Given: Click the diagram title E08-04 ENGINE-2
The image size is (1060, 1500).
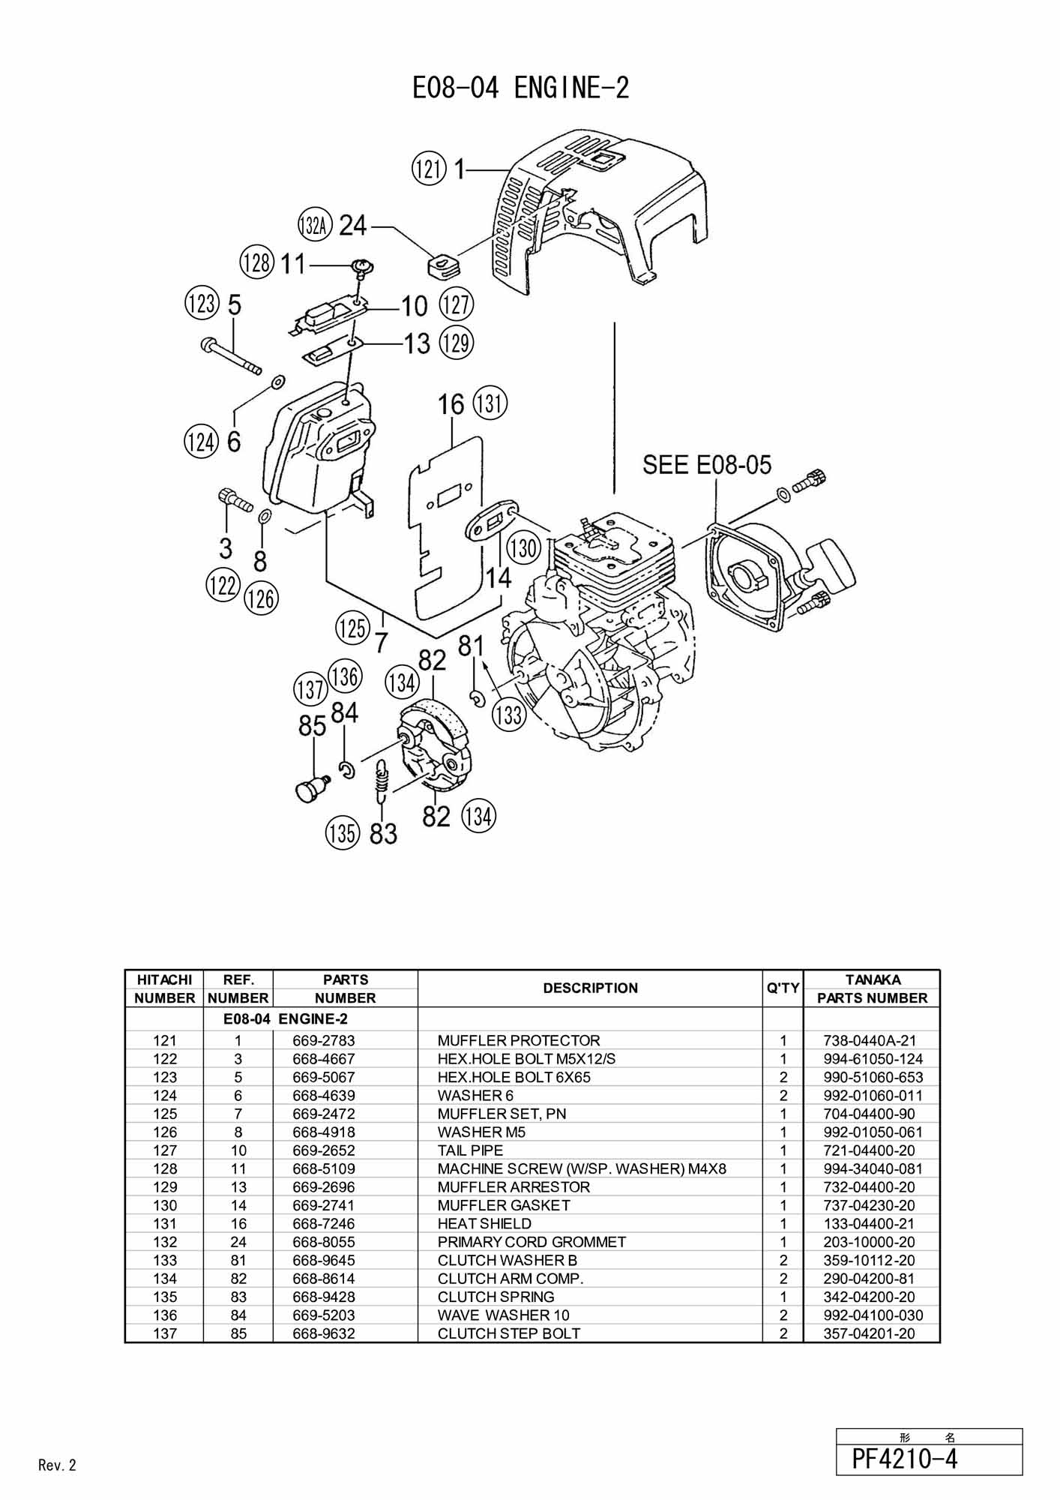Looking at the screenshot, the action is (x=520, y=88).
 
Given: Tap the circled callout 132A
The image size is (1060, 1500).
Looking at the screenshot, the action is (x=314, y=225).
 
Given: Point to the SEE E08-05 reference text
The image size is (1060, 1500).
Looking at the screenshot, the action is (x=707, y=465).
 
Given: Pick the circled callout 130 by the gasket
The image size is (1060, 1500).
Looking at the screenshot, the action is (x=523, y=547).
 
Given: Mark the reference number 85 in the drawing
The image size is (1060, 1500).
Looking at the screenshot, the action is (x=312, y=726).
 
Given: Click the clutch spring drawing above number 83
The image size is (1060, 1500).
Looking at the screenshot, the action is (x=382, y=780).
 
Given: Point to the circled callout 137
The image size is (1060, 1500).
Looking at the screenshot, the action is (x=310, y=689).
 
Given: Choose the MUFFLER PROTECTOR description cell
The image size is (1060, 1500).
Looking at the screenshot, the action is (x=519, y=1040).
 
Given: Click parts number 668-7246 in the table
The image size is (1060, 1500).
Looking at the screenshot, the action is (x=324, y=1223).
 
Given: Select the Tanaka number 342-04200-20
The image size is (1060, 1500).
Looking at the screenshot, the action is (x=869, y=1297).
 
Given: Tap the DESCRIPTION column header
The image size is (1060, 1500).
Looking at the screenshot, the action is (x=590, y=988).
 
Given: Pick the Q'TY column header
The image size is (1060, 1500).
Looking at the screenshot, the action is (x=783, y=988).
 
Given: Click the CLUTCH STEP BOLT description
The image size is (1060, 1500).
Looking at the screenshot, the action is (x=509, y=1333).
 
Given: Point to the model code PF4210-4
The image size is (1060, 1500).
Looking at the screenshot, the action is (x=905, y=1459).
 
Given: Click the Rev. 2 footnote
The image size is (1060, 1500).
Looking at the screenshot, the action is (x=57, y=1465).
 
